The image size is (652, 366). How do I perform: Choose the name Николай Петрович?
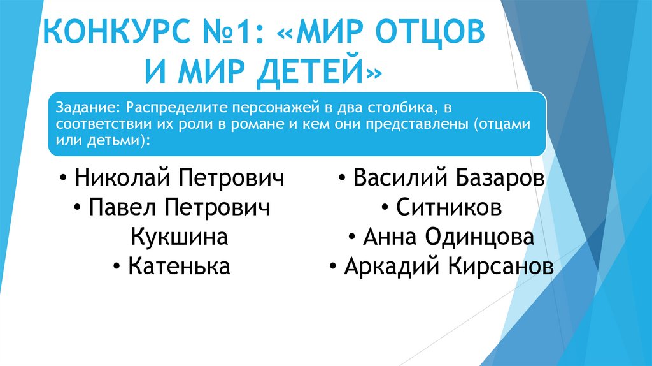pyautogui.click(x=179, y=178)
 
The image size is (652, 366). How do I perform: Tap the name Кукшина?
pyautogui.click(x=180, y=237)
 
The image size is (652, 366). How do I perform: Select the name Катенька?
pyautogui.click(x=179, y=267)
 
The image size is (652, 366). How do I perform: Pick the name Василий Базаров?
pyautogui.click(x=450, y=178)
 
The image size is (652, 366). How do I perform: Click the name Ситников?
pyautogui.click(x=449, y=207)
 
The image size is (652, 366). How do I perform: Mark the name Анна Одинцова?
pyautogui.click(x=449, y=237)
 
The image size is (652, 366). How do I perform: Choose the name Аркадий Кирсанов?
pyautogui.click(x=449, y=267)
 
